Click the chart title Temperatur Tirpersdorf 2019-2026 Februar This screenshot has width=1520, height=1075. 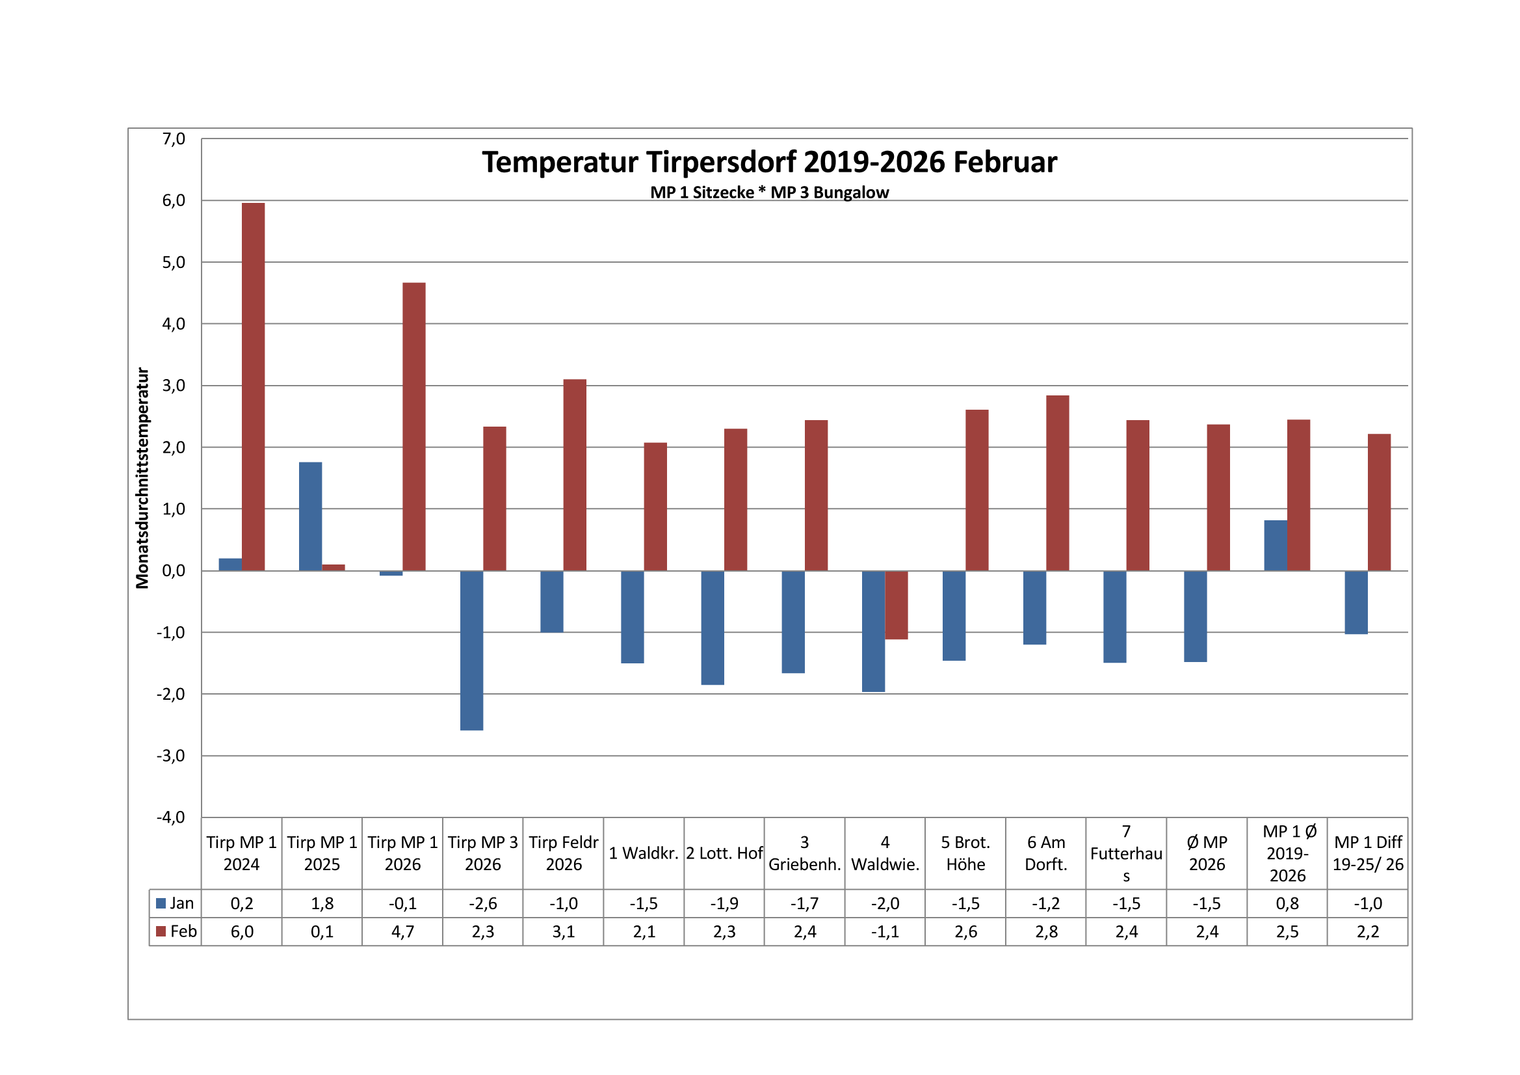[x=769, y=163]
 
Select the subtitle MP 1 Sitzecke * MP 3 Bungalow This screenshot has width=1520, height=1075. [x=769, y=192]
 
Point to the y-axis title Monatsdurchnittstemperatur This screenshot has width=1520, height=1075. [x=142, y=478]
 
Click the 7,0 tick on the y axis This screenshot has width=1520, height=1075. [x=174, y=139]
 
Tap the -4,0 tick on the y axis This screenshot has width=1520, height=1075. [x=171, y=817]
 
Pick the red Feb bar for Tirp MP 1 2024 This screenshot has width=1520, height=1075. [x=253, y=386]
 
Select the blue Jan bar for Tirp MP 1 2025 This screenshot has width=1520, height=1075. [x=311, y=516]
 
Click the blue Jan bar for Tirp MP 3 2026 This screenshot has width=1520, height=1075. [x=471, y=650]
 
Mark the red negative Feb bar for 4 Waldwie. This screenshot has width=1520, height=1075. [x=897, y=605]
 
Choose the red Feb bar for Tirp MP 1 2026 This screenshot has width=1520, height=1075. [x=413, y=427]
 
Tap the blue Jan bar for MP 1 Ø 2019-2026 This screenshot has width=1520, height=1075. [x=1275, y=545]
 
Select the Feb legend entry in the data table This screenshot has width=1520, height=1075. [x=176, y=931]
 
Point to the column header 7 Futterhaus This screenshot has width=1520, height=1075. [x=1126, y=853]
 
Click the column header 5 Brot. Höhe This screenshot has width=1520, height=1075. [x=965, y=853]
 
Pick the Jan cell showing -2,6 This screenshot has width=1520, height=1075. [x=482, y=903]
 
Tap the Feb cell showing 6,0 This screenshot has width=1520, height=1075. [x=242, y=932]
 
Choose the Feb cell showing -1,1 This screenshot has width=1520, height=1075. [x=884, y=932]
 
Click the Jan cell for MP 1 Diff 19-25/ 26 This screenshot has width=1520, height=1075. [x=1367, y=903]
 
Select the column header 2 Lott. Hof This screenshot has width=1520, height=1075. [x=724, y=853]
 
